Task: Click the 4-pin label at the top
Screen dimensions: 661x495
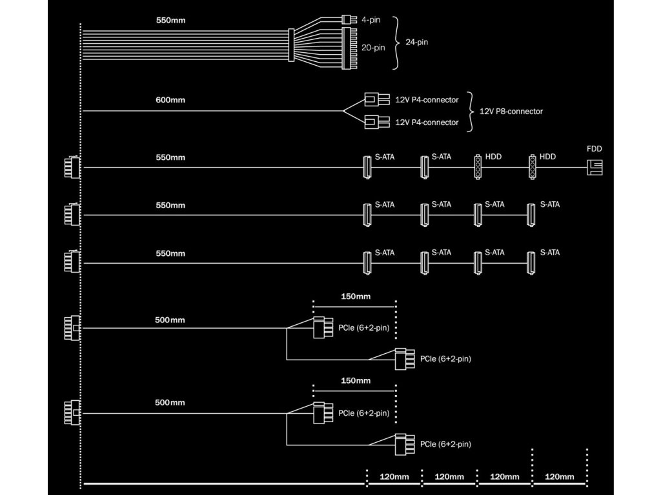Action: point(371,20)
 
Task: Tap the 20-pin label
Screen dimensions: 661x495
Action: point(373,48)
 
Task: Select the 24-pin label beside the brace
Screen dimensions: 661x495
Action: point(416,42)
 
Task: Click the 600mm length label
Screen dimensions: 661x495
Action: point(170,100)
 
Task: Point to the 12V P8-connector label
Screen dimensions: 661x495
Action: point(511,112)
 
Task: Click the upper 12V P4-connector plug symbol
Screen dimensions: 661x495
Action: point(377,100)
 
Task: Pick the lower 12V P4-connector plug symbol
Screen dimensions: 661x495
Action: point(377,122)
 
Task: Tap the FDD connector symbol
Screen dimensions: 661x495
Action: point(595,168)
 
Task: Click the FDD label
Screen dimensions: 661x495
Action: point(595,149)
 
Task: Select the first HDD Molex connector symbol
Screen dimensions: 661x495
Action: point(478,167)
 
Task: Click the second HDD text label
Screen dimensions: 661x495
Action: point(547,157)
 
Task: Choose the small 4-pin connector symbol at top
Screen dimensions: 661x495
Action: point(346,19)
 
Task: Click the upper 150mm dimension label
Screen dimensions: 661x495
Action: point(356,296)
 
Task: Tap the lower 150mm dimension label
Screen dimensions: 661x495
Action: point(356,380)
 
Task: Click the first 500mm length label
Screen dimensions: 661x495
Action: point(170,320)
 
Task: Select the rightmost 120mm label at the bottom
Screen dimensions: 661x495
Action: point(560,477)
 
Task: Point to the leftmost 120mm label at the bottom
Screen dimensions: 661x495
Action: point(394,477)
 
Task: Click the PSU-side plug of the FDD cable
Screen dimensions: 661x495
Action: point(72,168)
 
